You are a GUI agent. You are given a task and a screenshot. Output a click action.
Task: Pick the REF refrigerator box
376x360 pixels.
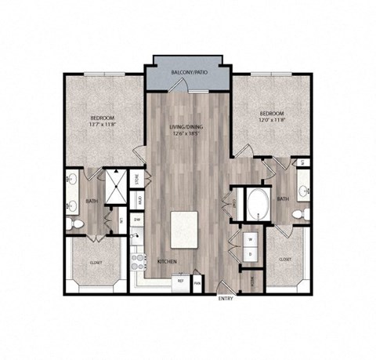coord(180,281)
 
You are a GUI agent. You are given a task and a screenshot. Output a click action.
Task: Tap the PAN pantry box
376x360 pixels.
coord(197,282)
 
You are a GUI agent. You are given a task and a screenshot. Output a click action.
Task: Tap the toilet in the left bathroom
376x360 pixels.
coord(74,224)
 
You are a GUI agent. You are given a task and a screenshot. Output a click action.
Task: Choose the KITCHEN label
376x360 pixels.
coord(165,261)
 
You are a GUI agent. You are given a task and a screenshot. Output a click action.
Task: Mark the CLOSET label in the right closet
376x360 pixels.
coord(286,258)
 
